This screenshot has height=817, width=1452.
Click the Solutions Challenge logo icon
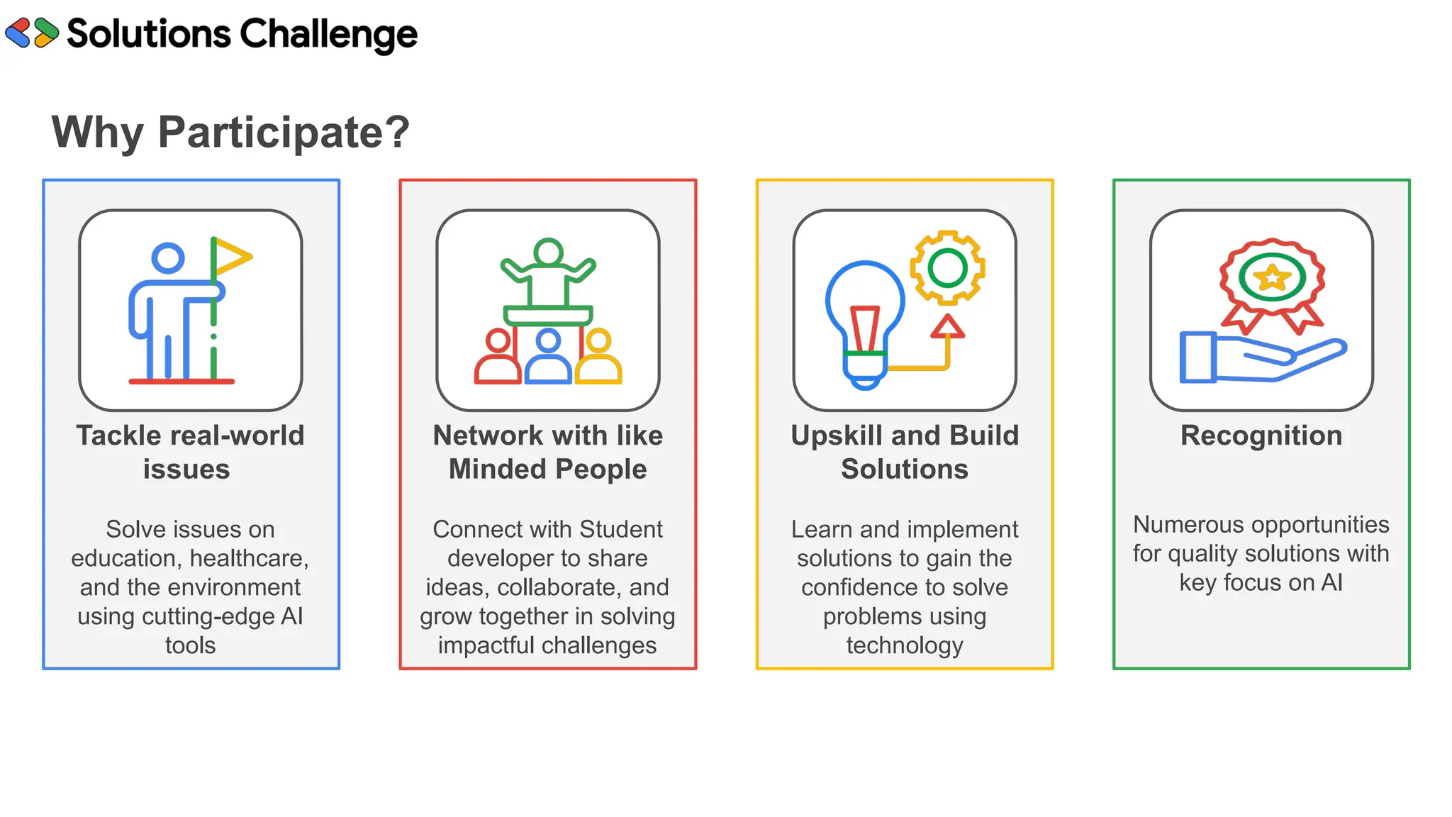pos(32,33)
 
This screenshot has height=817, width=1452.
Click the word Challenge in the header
pos(328,35)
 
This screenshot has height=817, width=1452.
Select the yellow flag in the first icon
pos(231,257)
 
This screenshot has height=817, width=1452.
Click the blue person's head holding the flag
pos(168,258)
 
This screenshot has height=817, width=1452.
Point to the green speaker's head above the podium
pos(548,252)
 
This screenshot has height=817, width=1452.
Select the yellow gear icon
pos(947,268)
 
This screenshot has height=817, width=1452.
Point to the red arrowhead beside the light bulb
pos(947,327)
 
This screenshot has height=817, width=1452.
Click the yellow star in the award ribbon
pos(1272,277)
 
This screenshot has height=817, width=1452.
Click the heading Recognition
pos(1261,435)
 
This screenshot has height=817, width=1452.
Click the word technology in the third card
pos(905,646)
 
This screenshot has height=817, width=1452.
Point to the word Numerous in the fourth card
pos(1181,525)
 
